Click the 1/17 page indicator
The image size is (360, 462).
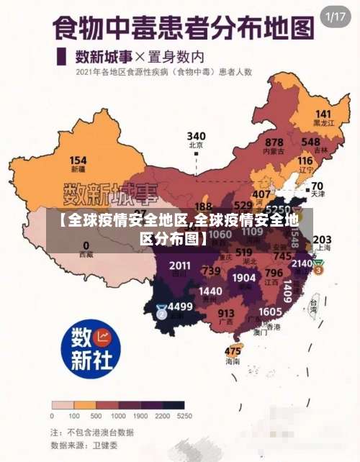336,16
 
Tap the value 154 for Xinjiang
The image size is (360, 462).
78,160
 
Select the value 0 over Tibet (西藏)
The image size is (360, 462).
86,245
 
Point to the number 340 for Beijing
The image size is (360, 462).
196,136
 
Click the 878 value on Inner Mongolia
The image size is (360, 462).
274,142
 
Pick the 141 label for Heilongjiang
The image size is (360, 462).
323,114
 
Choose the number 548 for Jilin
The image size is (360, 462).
310,142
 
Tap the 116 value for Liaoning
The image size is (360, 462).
305,161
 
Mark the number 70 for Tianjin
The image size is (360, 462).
317,186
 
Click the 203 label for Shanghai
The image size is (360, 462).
322,240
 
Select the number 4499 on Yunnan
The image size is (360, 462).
180,307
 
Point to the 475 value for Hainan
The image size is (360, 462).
233,351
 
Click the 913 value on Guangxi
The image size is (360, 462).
226,313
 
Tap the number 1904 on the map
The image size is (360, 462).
244,278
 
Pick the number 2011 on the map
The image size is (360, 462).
180,266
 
